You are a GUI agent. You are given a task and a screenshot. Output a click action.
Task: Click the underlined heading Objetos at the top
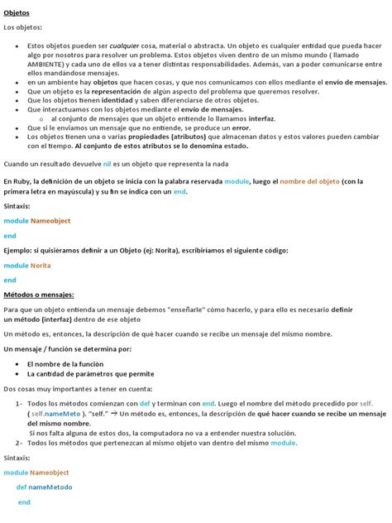(x=18, y=13)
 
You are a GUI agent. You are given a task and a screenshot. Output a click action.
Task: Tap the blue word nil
(x=107, y=164)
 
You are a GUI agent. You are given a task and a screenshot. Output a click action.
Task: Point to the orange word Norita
(x=41, y=265)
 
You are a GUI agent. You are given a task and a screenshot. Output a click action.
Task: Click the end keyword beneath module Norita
(x=10, y=281)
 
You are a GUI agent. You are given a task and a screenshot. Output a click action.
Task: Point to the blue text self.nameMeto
(x=56, y=413)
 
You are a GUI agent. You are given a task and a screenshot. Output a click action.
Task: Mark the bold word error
(x=241, y=127)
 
